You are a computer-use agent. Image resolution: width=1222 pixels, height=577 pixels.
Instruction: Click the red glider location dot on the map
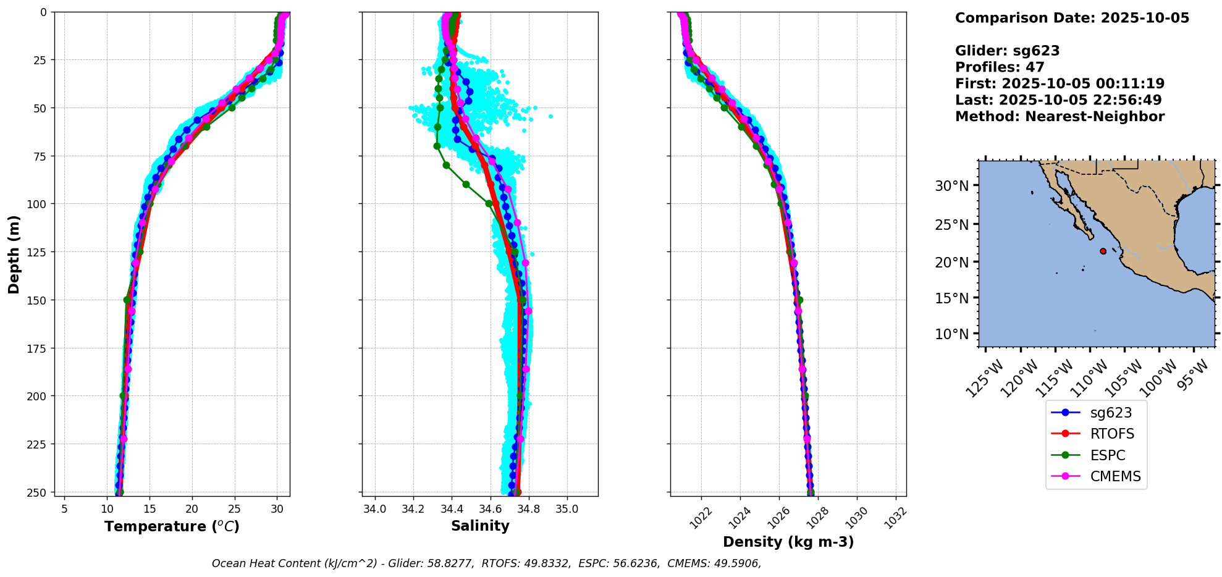coord(1103,251)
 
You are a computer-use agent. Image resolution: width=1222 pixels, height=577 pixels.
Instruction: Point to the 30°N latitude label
coord(951,186)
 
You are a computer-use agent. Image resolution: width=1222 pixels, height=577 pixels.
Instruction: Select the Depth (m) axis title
coord(14,254)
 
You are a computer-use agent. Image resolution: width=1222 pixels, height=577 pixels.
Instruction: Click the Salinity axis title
coord(480,526)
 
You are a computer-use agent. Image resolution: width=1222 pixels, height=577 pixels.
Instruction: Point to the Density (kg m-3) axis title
coord(788,542)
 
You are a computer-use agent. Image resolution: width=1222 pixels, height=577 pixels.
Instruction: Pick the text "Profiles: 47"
coord(1000,67)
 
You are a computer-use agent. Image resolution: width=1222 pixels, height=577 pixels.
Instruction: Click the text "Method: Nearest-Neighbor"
coord(1060,117)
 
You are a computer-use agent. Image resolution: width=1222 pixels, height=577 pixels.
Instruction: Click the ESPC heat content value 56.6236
coord(637,563)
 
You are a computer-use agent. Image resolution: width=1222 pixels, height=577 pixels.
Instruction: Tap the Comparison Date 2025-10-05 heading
coord(1072,18)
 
